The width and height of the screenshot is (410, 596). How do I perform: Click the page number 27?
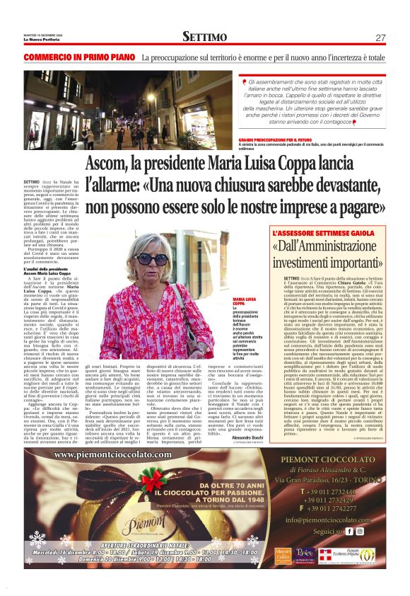tap(380, 38)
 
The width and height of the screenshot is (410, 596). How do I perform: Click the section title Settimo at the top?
tap(204, 37)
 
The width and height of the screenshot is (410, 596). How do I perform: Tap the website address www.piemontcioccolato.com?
tap(122, 454)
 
